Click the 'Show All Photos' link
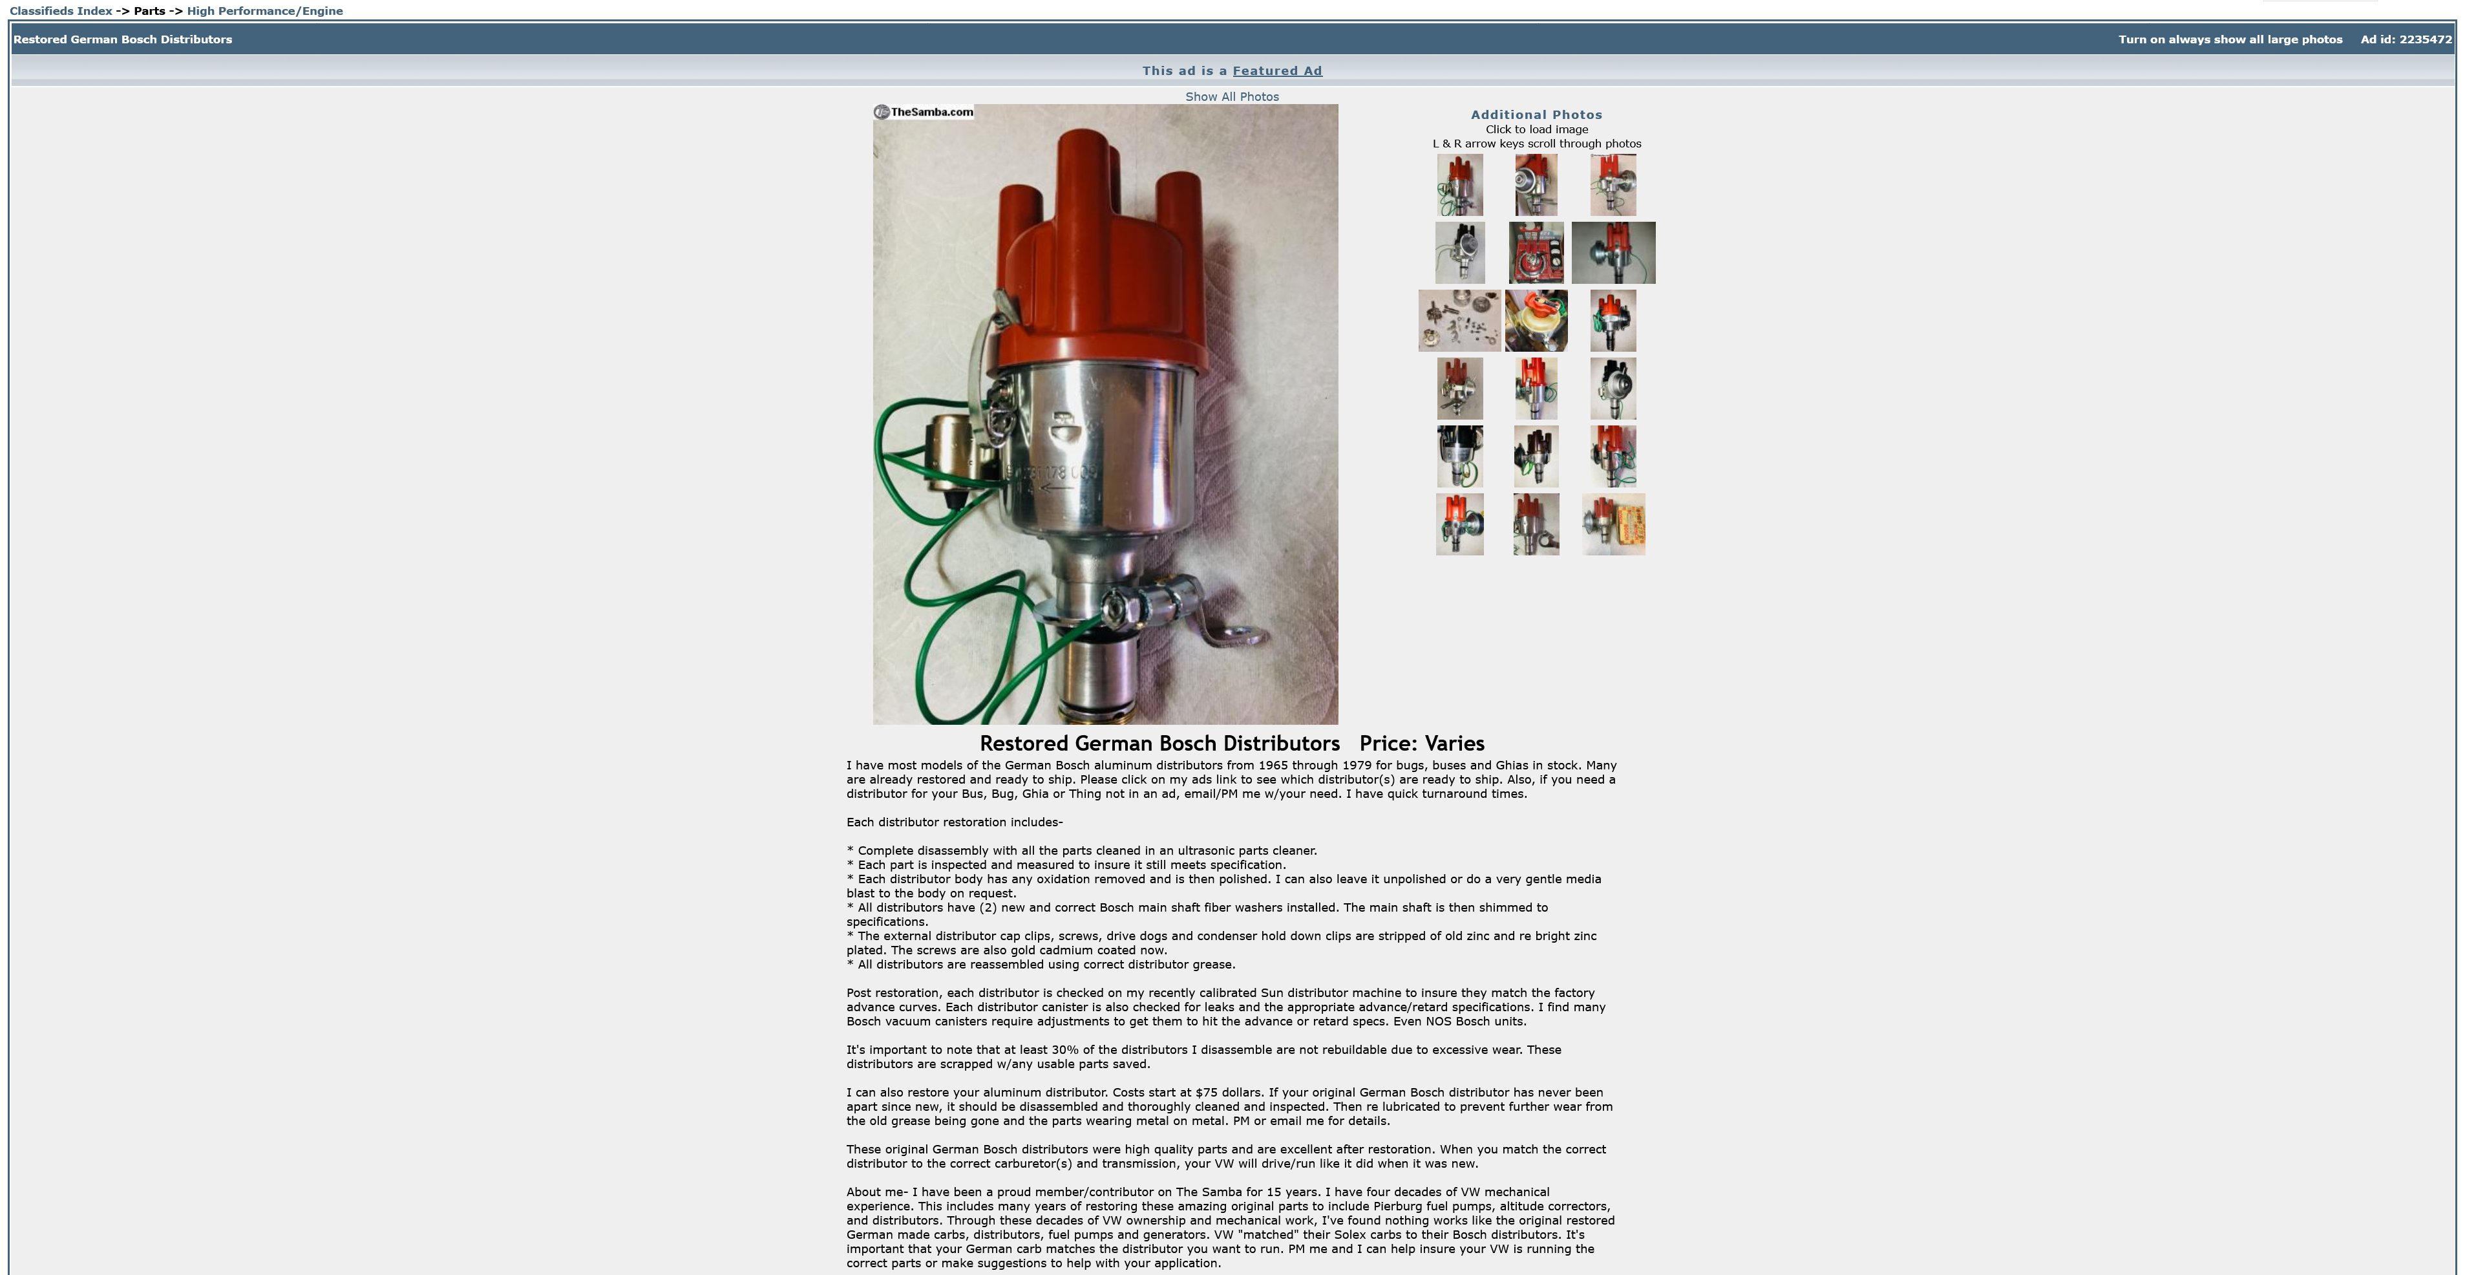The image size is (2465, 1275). click(x=1232, y=97)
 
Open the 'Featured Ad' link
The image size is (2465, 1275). click(x=1276, y=71)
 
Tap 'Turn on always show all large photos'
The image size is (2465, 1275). click(x=2230, y=39)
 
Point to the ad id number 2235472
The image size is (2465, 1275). click(x=2425, y=39)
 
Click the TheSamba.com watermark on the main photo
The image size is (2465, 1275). click(x=924, y=112)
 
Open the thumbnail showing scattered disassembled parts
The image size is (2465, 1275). click(x=1459, y=321)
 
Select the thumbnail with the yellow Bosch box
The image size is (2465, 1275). click(x=1613, y=524)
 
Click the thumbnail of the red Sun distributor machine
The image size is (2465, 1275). click(x=1536, y=253)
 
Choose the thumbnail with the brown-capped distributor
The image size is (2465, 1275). click(x=1536, y=456)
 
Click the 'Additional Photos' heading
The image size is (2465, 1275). click(x=1536, y=115)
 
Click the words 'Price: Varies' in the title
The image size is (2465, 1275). click(x=1422, y=744)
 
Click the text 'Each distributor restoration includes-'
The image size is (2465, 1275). click(x=954, y=822)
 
